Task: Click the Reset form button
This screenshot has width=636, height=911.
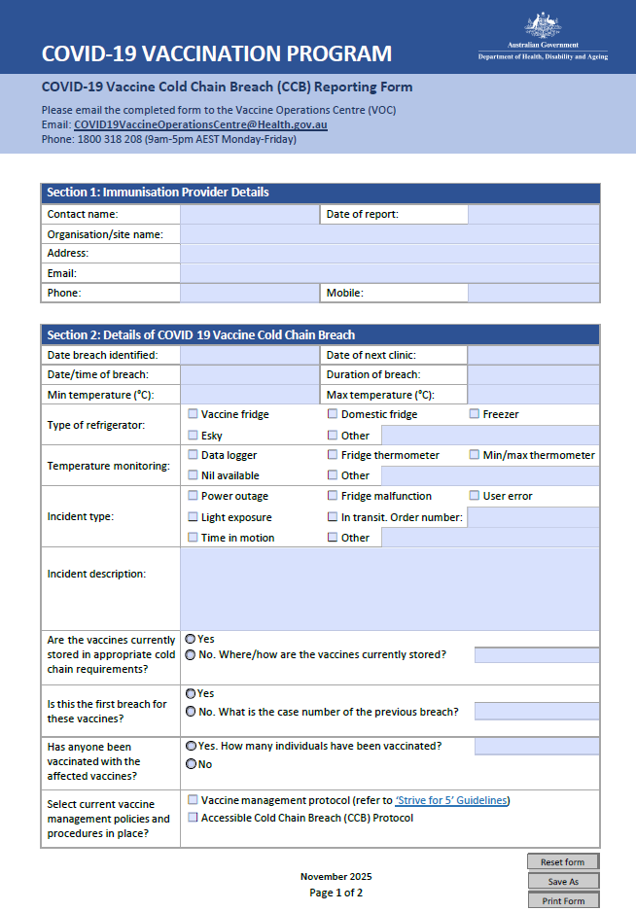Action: coord(562,861)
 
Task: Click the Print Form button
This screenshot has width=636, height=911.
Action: coord(562,900)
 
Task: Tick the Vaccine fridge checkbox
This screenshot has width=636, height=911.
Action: coord(193,414)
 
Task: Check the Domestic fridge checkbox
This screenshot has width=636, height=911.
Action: coord(333,414)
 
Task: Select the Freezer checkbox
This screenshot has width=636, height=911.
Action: coord(475,414)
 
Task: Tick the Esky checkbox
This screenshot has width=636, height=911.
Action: coord(193,435)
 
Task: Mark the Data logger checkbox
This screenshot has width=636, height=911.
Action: coord(193,454)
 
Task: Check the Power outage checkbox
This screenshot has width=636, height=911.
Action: coord(193,496)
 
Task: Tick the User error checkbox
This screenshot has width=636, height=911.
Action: coord(475,496)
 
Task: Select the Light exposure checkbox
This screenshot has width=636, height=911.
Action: coord(193,517)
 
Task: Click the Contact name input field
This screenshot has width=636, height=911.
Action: coord(249,214)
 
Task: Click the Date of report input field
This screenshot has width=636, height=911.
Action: coord(533,214)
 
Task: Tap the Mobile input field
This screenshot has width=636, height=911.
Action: coord(533,293)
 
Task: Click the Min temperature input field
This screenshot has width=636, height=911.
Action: coord(249,395)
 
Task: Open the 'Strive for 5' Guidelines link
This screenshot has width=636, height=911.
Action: coord(452,800)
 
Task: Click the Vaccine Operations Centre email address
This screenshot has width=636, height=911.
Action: coord(200,124)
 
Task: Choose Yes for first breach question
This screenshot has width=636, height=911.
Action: coord(191,694)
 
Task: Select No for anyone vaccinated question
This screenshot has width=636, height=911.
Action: coord(191,764)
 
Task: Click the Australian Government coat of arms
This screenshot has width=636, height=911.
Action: coord(543,25)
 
